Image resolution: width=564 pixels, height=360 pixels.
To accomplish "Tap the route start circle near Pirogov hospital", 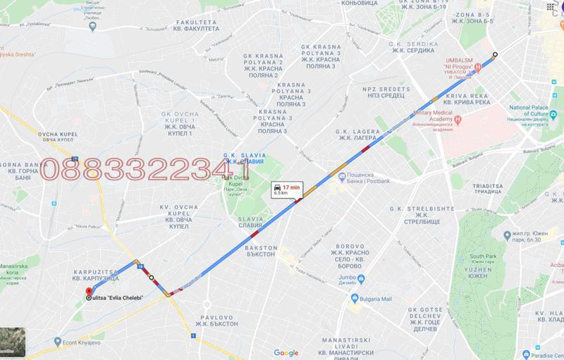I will click(494, 55).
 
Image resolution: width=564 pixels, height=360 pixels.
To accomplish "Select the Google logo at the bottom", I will click(286, 352).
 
